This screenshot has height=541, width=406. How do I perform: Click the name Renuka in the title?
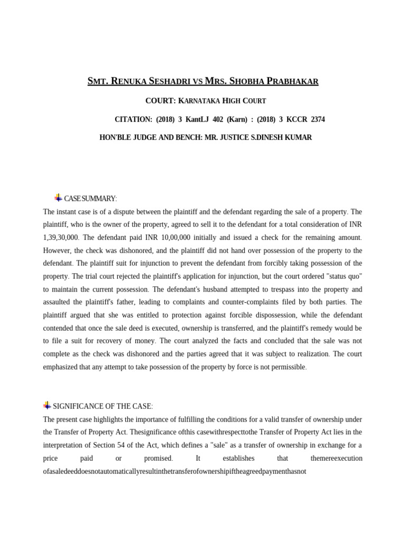pyautogui.click(x=131, y=81)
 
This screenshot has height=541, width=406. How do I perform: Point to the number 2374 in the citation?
pyautogui.click(x=318, y=119)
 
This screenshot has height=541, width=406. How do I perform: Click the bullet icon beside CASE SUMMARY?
pyautogui.click(x=58, y=198)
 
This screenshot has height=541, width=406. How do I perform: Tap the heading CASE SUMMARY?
pyautogui.click(x=90, y=199)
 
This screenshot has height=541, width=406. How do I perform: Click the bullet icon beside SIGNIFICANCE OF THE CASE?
pyautogui.click(x=47, y=405)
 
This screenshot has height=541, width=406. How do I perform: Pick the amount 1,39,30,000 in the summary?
pyautogui.click(x=61, y=238)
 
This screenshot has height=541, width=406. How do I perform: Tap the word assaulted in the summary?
pyautogui.click(x=60, y=302)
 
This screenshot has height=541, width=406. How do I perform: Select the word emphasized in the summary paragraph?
pyautogui.click(x=63, y=367)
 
